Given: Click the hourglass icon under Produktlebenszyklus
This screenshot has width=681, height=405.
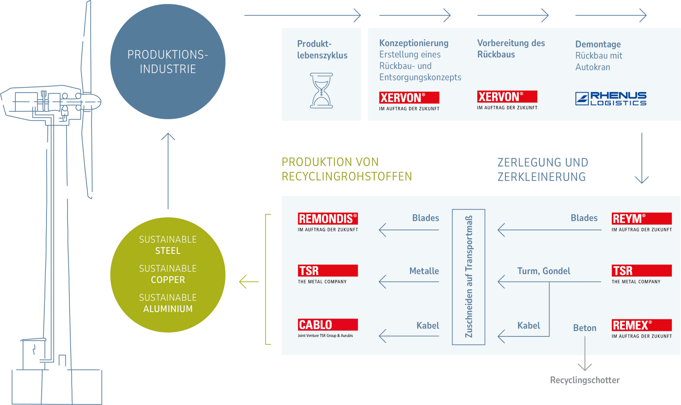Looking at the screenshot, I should point(321,91).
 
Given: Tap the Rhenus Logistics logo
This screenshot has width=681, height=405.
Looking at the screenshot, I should point(610,99).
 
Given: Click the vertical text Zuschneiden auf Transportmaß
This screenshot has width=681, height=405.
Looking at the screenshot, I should point(469,277).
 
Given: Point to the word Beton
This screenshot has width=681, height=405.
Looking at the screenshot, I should point(585,328).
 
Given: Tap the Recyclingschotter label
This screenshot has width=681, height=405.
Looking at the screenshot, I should point(585,380).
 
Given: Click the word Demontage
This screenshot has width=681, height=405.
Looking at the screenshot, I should point(598,44).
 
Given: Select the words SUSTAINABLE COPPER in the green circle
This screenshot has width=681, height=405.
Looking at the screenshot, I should point(168,274).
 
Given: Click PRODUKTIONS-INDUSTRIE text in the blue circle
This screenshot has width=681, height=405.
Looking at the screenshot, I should point(168,62).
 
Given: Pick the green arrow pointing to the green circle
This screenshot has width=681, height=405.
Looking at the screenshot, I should point(249,282).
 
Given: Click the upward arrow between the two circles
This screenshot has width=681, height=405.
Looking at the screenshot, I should point(168,170).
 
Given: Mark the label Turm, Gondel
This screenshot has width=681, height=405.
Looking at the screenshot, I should point(543,271).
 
